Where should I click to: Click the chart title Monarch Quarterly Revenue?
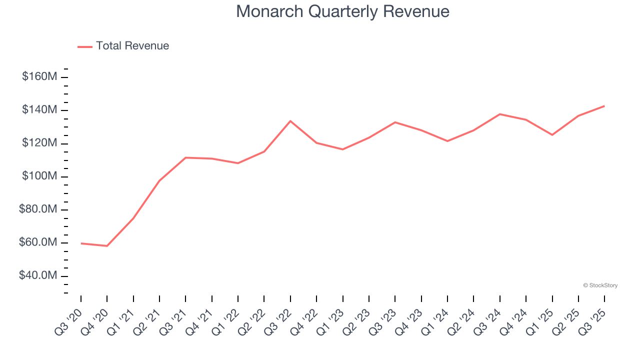pos(342,11)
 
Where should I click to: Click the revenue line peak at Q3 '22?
pos(290,121)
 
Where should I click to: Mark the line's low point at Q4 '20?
pos(107,246)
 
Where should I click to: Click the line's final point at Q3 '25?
pos(604,106)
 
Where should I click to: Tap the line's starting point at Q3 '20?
pos(81,243)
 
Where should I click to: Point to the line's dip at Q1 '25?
pos(552,135)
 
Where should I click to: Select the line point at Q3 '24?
pos(499,114)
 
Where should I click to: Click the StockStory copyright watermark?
pos(600,285)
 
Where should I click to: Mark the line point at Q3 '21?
pos(185,157)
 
